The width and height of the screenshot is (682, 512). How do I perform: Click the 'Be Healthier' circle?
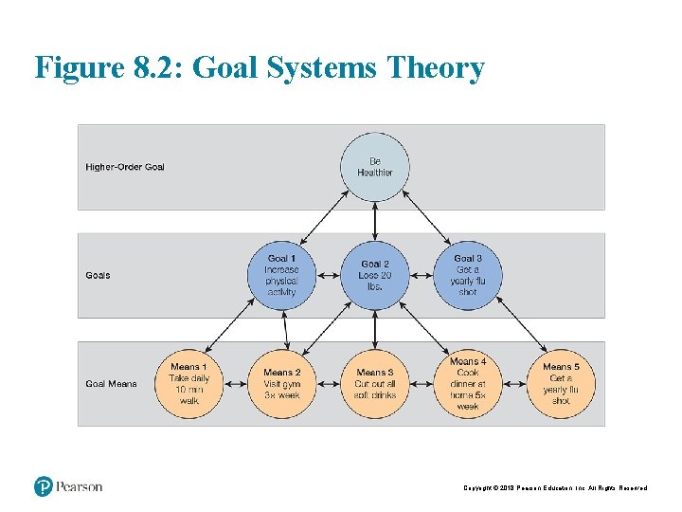375,167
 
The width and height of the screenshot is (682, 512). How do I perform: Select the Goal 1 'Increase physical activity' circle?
281,275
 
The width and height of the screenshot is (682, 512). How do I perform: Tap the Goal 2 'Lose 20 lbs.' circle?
375,275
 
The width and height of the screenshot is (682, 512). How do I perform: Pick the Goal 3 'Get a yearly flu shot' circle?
468,275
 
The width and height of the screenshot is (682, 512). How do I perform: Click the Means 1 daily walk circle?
188,384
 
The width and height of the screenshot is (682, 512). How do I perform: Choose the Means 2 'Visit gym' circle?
281,384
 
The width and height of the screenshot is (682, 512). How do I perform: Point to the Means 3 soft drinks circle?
375,384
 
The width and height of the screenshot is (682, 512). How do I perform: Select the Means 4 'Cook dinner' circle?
468,384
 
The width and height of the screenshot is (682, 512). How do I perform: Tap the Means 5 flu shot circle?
561,384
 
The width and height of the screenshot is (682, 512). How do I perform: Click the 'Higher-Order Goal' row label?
125,167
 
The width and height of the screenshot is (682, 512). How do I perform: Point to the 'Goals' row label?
99,276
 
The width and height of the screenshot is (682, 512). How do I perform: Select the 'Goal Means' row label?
111,384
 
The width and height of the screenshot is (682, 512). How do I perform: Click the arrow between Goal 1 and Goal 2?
328,275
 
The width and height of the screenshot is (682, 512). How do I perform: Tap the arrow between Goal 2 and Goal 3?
422,275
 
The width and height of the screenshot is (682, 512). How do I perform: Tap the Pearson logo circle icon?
43,486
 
